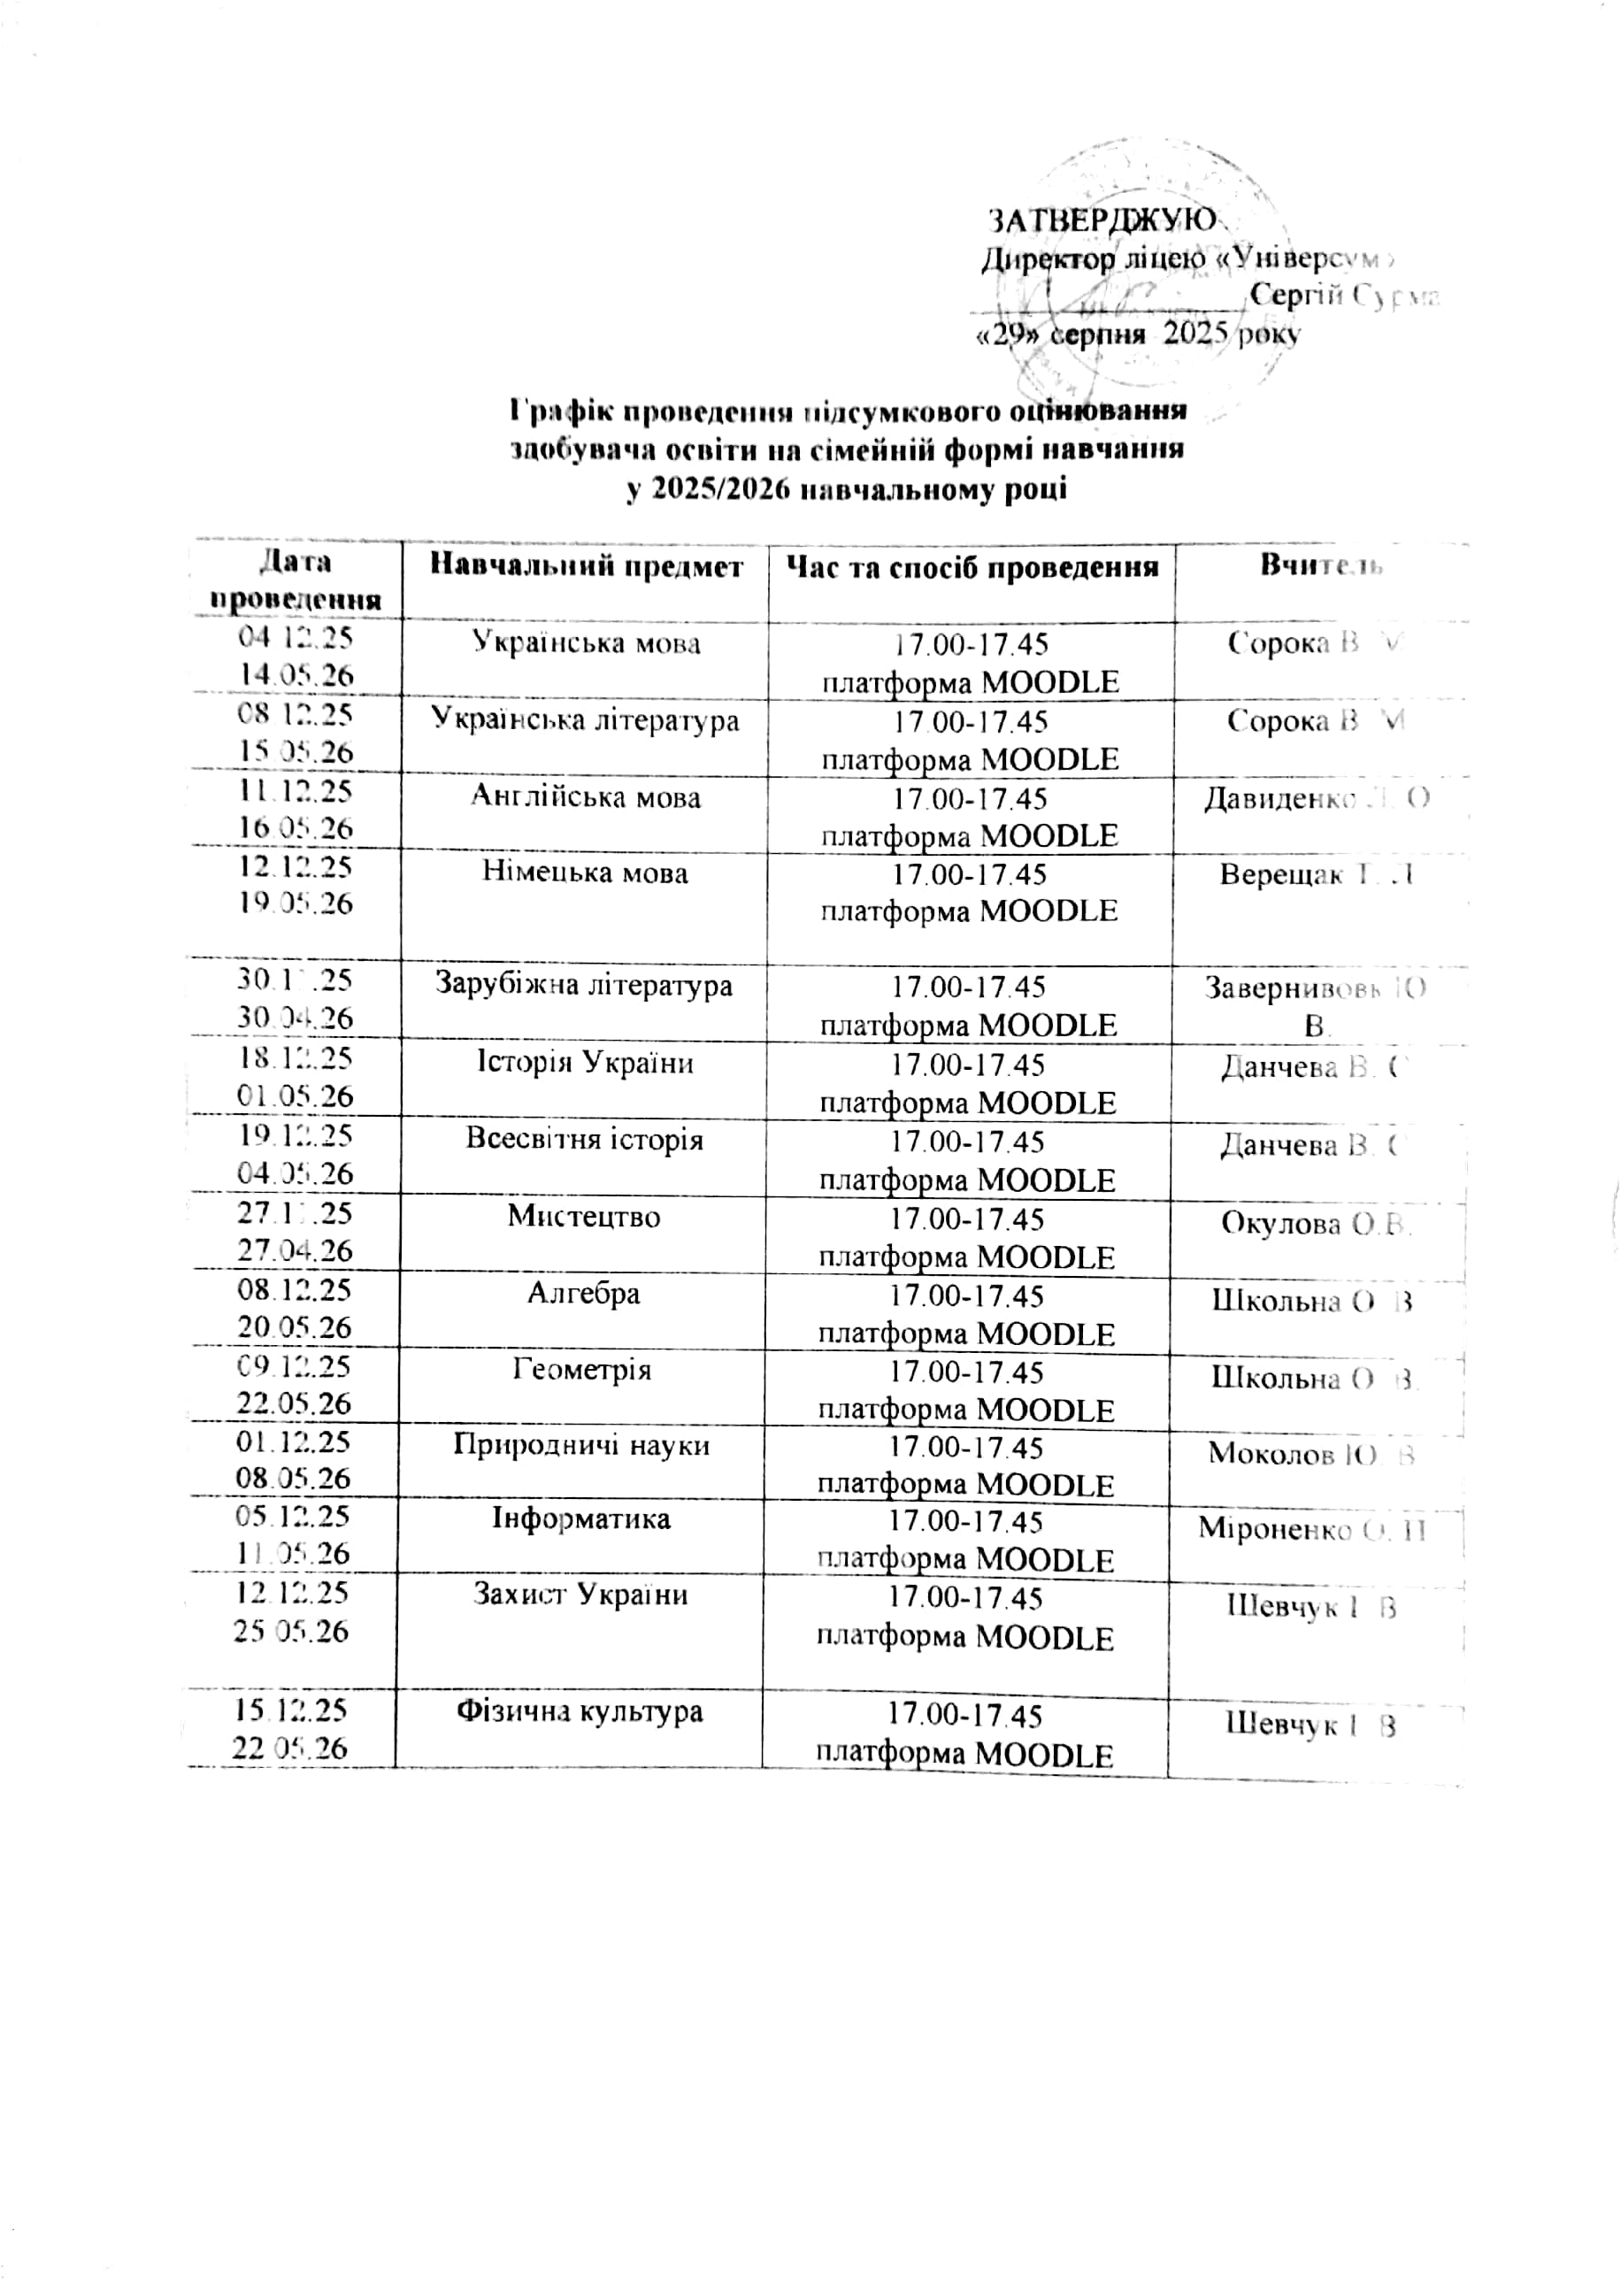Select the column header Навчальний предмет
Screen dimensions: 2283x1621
(587, 567)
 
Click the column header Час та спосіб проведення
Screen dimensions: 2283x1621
(973, 568)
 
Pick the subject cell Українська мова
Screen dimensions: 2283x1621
(586, 643)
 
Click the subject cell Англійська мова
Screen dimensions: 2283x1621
(586, 797)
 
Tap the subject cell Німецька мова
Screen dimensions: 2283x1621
(586, 873)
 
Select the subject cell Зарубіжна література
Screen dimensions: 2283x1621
(584, 985)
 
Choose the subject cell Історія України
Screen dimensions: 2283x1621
(585, 1062)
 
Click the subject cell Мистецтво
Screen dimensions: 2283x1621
(584, 1216)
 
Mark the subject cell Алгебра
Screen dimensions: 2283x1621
(584, 1294)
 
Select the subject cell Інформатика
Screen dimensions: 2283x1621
(581, 1519)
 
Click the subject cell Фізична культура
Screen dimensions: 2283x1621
(580, 1711)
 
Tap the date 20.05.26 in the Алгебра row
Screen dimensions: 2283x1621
(295, 1327)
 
